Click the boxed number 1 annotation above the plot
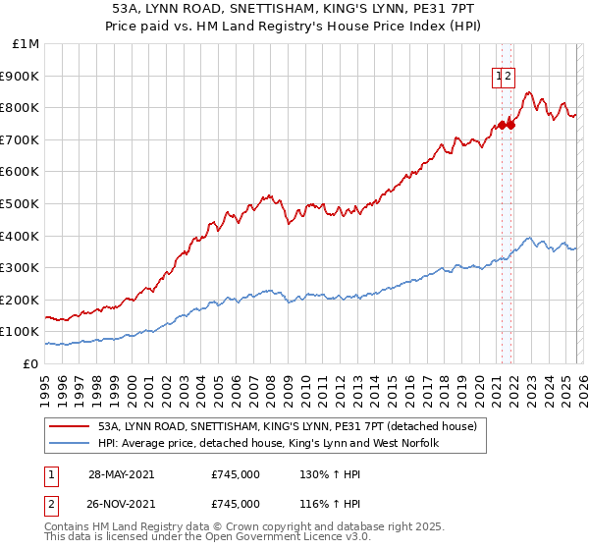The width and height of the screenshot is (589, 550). [x=499, y=75]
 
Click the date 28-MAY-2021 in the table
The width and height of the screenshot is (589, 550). [x=121, y=474]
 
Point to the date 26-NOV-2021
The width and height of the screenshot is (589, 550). [x=121, y=504]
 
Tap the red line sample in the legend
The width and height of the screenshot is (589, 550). [x=70, y=426]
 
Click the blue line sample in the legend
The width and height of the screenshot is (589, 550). [x=70, y=444]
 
